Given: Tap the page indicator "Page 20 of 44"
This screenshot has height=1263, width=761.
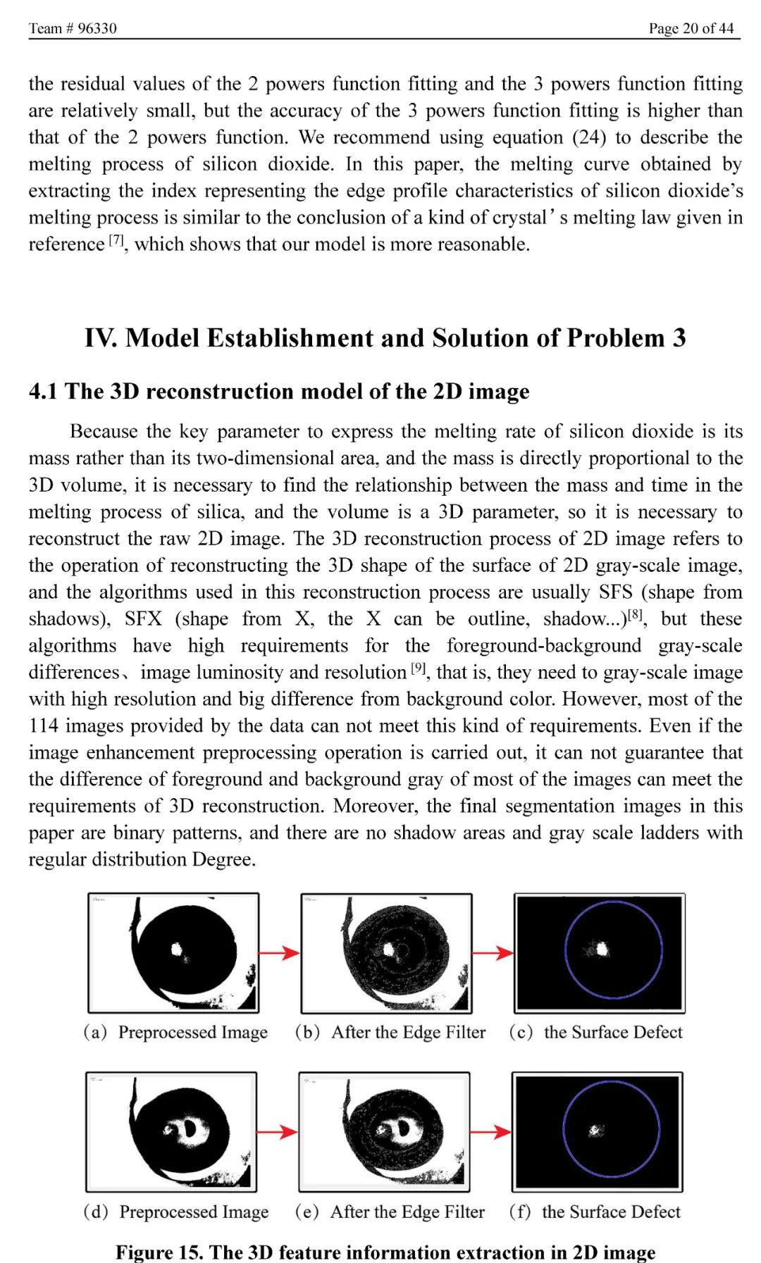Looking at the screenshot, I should tap(691, 28).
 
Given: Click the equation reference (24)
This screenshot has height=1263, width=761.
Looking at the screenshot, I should tap(588, 137).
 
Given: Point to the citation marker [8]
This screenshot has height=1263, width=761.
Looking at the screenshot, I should tap(636, 614).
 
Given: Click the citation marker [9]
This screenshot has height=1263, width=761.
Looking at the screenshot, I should tap(419, 668).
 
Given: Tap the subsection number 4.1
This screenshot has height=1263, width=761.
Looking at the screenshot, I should tap(43, 392).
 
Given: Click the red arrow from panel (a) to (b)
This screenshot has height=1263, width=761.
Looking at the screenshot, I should tap(279, 953).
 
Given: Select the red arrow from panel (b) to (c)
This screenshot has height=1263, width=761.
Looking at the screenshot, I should tap(493, 953).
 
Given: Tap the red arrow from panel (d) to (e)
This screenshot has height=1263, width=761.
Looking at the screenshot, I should tap(277, 1132).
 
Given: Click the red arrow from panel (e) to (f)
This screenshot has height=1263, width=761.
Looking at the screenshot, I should tap(490, 1132).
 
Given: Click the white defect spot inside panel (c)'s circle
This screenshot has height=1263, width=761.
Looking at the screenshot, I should tap(601, 950).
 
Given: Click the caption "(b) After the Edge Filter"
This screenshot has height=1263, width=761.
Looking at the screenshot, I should tap(390, 1032).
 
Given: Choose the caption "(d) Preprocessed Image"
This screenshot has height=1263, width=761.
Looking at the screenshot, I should tap(176, 1212).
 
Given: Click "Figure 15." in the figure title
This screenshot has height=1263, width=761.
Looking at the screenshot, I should tap(160, 1252).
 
